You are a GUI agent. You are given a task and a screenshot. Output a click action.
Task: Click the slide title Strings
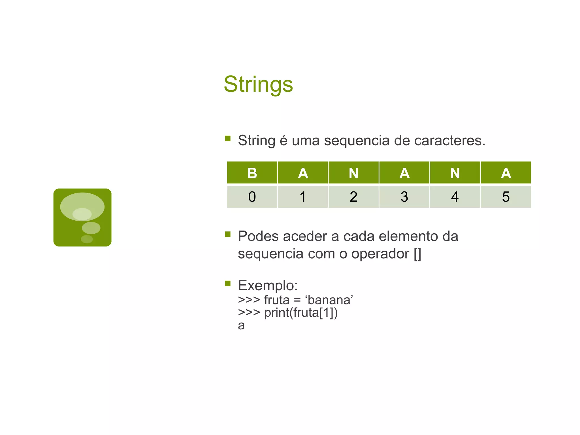[x=258, y=84]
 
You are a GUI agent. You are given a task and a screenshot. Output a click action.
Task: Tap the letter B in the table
[x=252, y=173]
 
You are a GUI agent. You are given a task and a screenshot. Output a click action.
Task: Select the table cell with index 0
[x=252, y=197]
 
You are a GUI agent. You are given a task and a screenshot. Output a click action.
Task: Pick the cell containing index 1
[x=303, y=197]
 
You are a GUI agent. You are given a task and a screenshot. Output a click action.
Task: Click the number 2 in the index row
[x=353, y=197]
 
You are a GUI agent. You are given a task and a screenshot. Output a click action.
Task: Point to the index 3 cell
[x=404, y=197]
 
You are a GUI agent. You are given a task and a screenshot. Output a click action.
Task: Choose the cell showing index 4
[x=455, y=197]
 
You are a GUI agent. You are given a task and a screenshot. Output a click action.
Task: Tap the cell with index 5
[x=506, y=197]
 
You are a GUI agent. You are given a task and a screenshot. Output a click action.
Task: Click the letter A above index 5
[x=506, y=173]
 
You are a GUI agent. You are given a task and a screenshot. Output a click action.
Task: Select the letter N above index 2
[x=353, y=173]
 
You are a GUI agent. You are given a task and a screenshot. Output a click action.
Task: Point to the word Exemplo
[x=268, y=285]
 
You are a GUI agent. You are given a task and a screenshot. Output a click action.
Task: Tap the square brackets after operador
[x=417, y=254]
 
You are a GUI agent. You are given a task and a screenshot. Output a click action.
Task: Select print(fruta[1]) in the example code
[x=301, y=313]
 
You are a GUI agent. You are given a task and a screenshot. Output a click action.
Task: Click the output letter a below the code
[x=241, y=326]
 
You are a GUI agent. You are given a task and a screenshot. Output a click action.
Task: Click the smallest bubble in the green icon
[x=87, y=239]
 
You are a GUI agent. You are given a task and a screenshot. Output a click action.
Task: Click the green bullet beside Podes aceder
[x=228, y=234]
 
